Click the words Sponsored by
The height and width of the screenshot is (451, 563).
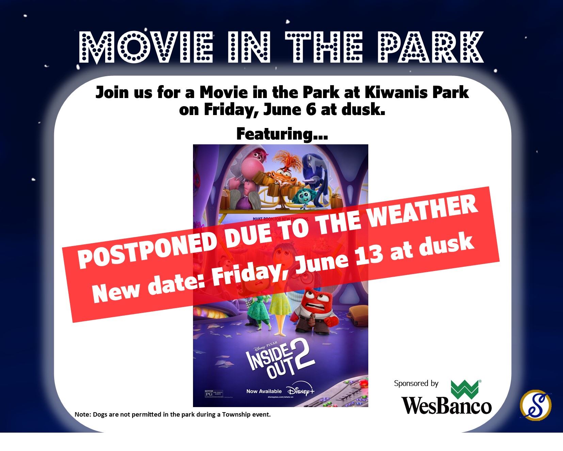(416, 383)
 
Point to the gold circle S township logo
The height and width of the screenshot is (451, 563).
(536, 405)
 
